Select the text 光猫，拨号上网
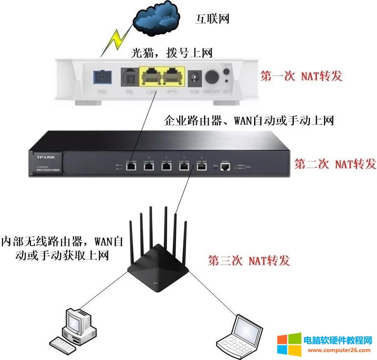point(171,52)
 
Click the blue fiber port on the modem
point(102,77)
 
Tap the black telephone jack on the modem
point(129,77)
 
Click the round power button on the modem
point(212,77)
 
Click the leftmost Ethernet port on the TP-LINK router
point(131,166)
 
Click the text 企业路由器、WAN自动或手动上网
point(249,121)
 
